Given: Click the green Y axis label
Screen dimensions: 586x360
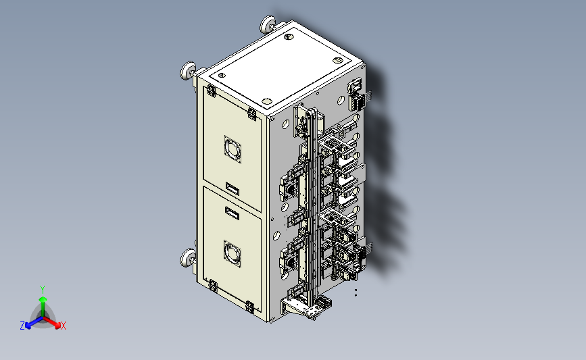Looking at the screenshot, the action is click(42, 290).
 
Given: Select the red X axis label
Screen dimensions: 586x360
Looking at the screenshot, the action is click(63, 326).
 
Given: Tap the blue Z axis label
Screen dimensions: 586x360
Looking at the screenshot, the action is click(22, 326).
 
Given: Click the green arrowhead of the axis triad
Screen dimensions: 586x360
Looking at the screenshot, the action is click(43, 299).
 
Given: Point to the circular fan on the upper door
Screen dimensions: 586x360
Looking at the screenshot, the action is click(233, 149).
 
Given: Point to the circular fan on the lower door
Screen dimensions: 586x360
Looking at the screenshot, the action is click(232, 253).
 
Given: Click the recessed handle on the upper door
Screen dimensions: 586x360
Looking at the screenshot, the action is click(233, 188).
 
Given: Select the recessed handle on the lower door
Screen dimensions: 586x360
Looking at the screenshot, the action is click(232, 213).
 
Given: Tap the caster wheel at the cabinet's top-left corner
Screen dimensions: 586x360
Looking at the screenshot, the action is click(188, 70).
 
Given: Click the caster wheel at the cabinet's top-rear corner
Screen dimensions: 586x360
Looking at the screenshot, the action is click(268, 24).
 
